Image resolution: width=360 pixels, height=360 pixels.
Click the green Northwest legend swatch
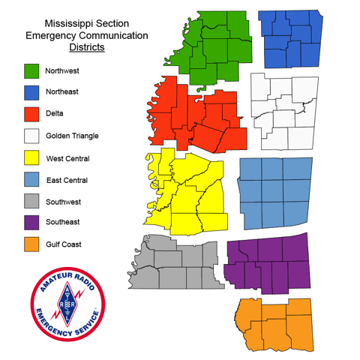[x=31, y=70]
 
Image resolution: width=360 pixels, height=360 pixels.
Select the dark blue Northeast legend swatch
[x=31, y=92]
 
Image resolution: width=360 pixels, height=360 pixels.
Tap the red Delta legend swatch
[x=31, y=114]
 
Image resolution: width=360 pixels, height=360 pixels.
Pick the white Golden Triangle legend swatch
[x=31, y=136]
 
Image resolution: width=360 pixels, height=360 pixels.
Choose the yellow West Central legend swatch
[x=31, y=158]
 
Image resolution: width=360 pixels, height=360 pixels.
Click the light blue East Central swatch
[x=31, y=180]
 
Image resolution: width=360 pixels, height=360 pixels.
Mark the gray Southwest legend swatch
[x=31, y=202]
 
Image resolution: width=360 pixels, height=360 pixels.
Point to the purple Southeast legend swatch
[x=31, y=223]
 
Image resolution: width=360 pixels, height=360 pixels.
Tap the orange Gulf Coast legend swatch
[x=31, y=244]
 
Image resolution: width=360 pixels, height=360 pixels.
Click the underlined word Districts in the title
[x=86, y=47]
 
